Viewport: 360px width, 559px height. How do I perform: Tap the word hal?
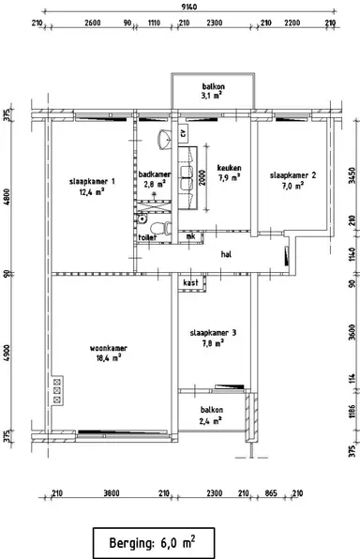[226, 254]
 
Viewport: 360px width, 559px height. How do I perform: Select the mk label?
[191, 236]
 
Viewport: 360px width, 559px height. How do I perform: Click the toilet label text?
[146, 237]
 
